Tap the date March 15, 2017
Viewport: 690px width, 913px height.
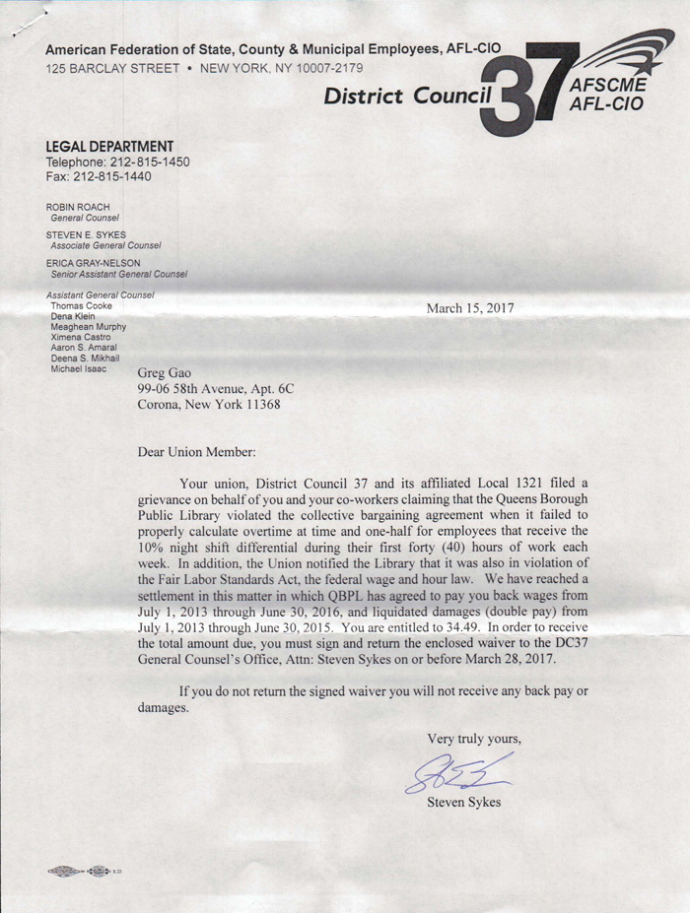point(469,308)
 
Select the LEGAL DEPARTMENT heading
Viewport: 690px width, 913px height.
point(109,146)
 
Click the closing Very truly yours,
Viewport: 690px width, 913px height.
point(473,738)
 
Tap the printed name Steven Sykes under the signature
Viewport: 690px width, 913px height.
point(463,802)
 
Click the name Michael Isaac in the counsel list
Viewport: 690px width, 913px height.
point(78,369)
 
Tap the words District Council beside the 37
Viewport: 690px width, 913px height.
point(407,96)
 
